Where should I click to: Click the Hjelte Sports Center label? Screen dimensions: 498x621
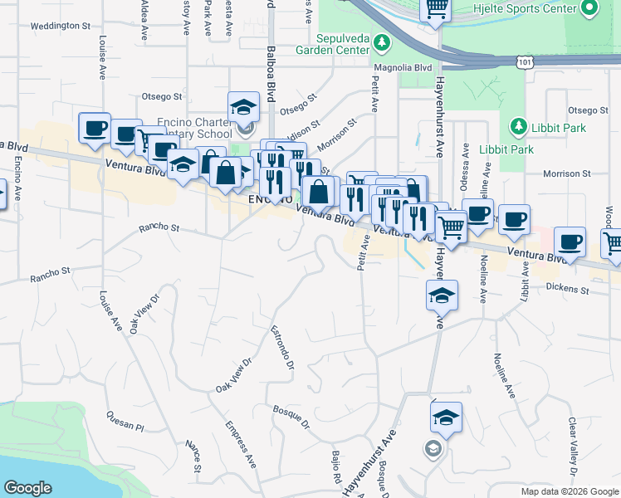click(532, 8)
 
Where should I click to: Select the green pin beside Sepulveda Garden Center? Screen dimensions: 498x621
click(382, 41)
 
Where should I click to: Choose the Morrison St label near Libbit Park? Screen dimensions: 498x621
click(567, 173)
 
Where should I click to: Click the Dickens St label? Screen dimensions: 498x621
click(567, 290)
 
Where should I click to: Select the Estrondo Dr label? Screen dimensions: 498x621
click(283, 347)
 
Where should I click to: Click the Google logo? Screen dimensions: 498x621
click(27, 488)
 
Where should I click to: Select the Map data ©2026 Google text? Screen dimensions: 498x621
click(569, 491)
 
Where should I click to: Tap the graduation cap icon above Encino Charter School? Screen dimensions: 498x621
click(243, 106)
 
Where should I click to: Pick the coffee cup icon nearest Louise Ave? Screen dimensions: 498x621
click(94, 128)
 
